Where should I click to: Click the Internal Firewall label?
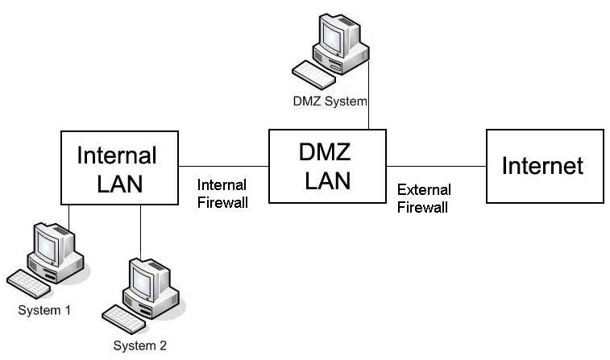[222, 193]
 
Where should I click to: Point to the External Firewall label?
[424, 198]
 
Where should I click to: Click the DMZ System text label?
[330, 101]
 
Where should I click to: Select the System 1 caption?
[44, 310]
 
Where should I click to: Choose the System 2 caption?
[139, 346]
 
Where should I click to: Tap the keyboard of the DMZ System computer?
[313, 75]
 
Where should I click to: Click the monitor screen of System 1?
[47, 247]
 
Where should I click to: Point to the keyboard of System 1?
[28, 283]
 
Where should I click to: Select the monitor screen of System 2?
[143, 283]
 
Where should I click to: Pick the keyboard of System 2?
[124, 319]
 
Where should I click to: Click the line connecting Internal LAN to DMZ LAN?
[224, 167]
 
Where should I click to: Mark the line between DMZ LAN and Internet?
[436, 167]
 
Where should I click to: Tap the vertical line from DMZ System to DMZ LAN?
[368, 94]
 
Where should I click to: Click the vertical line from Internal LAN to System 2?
[140, 232]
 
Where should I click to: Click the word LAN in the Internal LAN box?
[119, 184]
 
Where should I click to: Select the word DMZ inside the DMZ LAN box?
[325, 152]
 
